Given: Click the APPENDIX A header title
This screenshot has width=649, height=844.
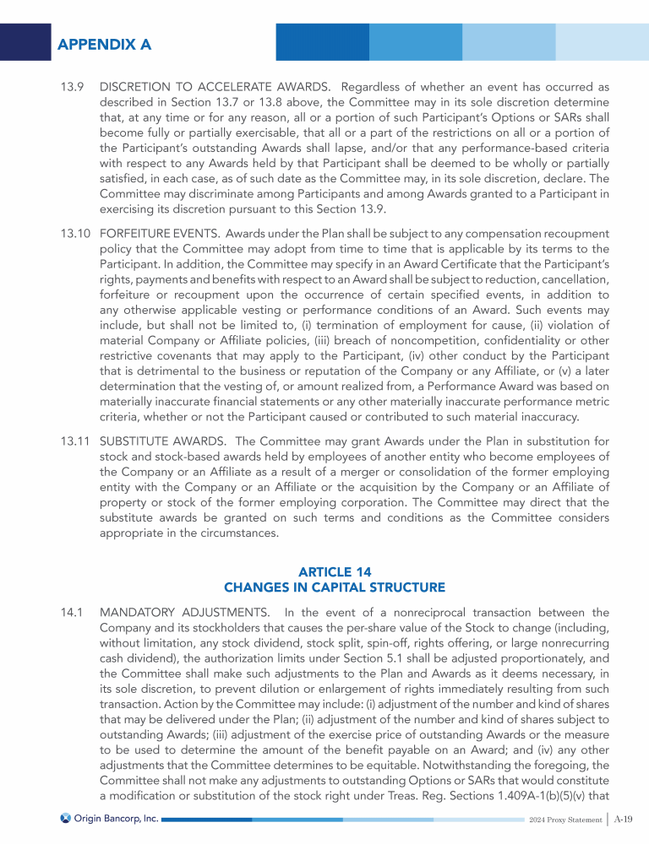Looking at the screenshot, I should pos(105,44).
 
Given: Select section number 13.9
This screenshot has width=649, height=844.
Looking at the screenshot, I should pos(71,86).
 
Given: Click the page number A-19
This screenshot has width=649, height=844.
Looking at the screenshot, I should pos(624,819).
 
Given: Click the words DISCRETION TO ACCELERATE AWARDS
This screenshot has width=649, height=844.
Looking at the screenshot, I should pos(211,86).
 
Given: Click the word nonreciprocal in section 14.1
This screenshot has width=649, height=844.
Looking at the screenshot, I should pos(422,611).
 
